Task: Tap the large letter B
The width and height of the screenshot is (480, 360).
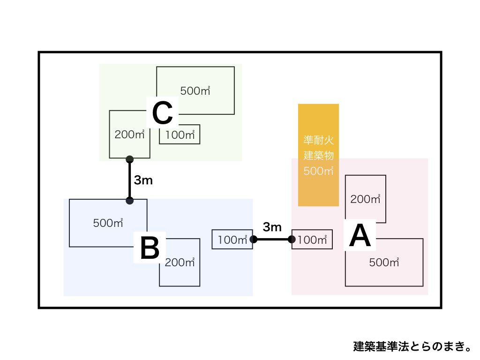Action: click(150, 248)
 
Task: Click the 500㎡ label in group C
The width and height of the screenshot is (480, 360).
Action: click(195, 91)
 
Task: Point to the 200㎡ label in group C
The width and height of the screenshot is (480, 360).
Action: click(129, 135)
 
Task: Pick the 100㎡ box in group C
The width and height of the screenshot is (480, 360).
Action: click(180, 135)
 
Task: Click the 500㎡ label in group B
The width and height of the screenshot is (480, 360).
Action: click(108, 223)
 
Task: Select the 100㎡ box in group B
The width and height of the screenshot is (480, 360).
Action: click(232, 240)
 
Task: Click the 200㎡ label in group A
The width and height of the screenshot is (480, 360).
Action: click(365, 199)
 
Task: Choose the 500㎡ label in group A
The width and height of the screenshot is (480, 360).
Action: click(384, 262)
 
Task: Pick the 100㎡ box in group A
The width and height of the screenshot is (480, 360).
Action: click(312, 240)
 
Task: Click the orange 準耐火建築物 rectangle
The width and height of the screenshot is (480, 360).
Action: click(318, 155)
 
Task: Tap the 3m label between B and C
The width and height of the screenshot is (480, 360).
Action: click(143, 180)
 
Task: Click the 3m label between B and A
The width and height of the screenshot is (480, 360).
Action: click(272, 228)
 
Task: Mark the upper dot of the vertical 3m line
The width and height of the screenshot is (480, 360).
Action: click(130, 159)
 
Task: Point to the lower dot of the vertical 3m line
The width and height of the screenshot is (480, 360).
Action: click(130, 201)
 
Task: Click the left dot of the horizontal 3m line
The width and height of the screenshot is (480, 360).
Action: click(254, 240)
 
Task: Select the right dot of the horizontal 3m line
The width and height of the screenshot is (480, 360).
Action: click(292, 240)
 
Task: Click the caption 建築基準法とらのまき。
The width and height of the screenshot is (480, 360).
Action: click(412, 346)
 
